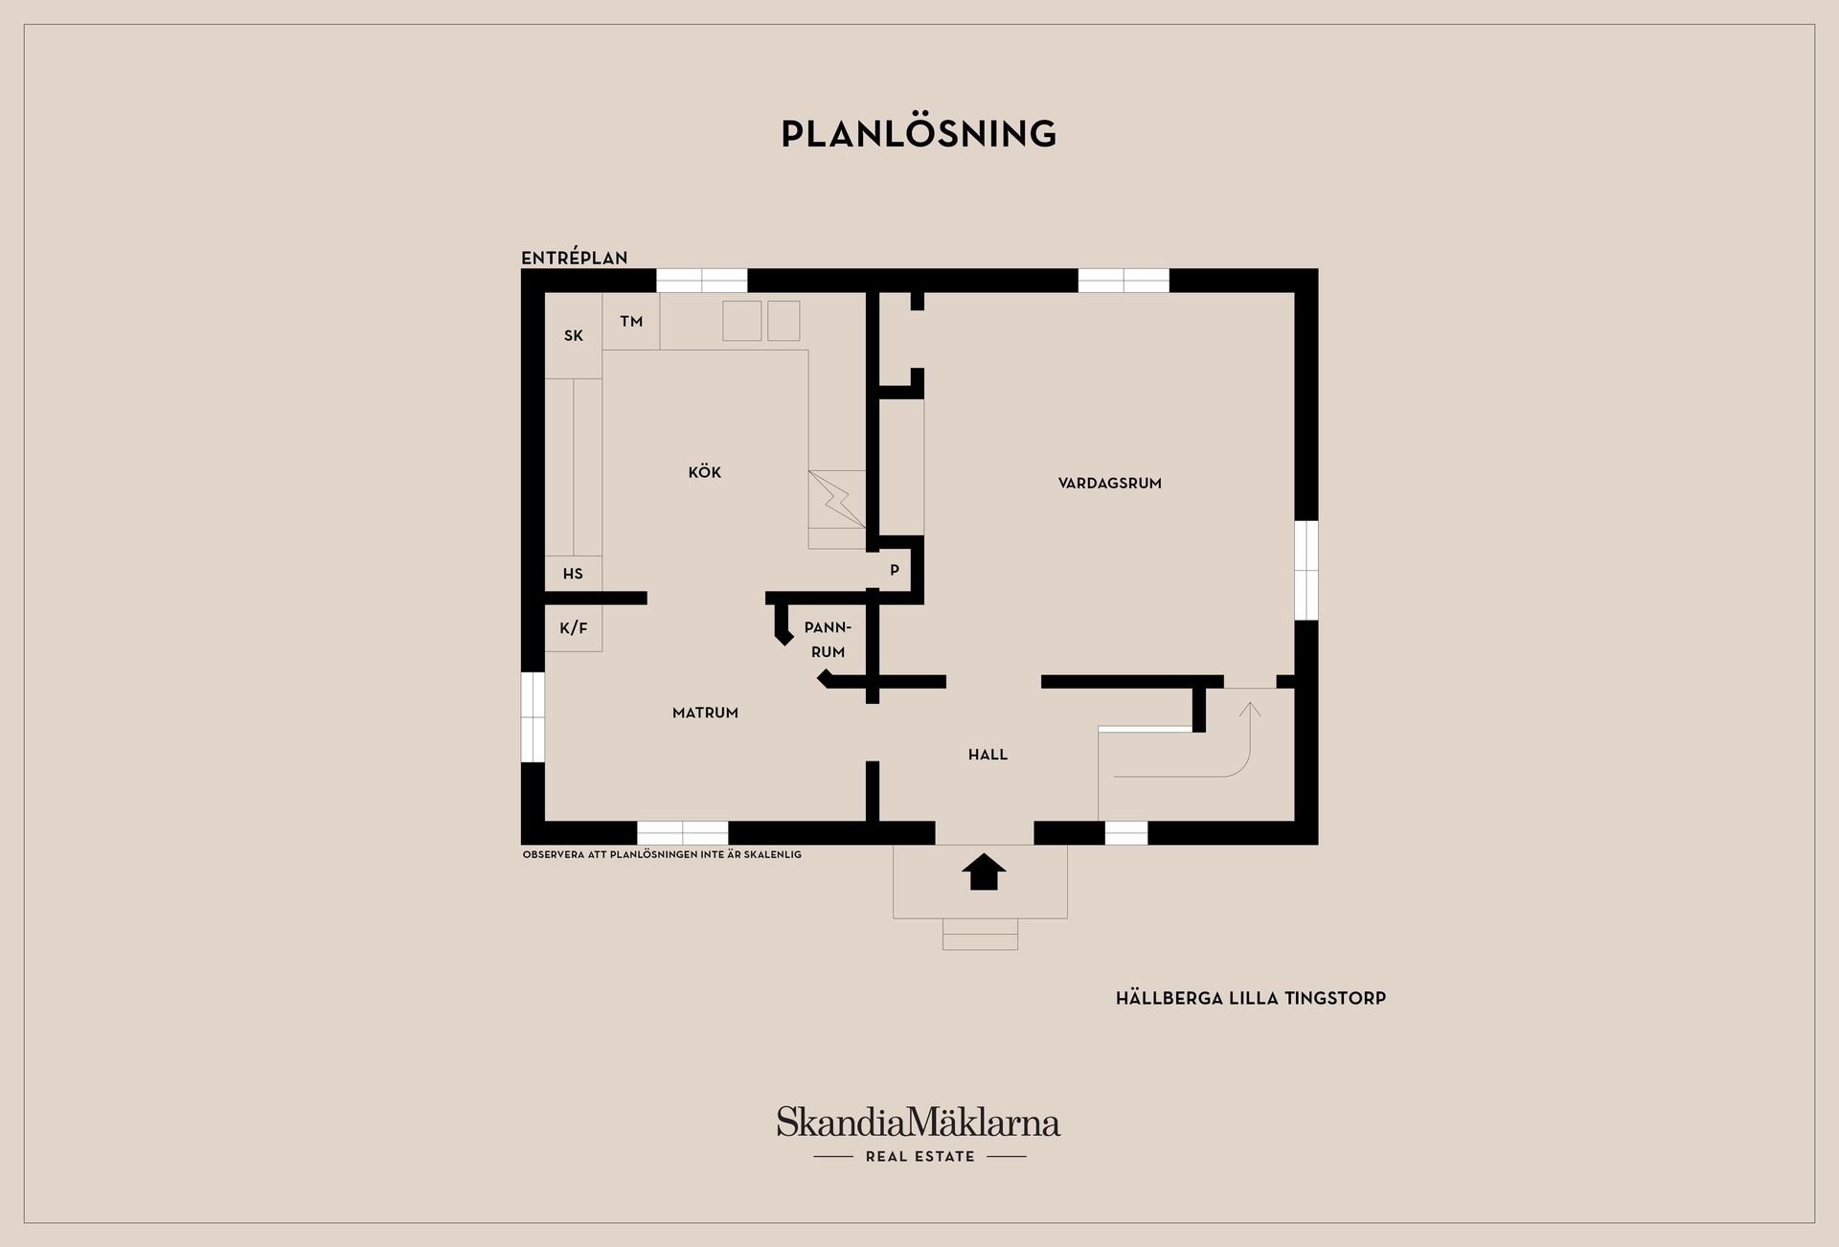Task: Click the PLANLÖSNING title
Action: pos(919,134)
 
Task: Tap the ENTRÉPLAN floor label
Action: pos(574,258)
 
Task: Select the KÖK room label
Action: pos(704,472)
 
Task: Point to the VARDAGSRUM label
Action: pos(1109,484)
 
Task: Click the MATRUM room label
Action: pos(705,713)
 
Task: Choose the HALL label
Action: pos(988,755)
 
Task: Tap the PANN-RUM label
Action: pos(828,640)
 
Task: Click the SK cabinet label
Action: pos(573,335)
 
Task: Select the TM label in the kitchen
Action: pos(630,322)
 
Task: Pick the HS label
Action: pos(573,574)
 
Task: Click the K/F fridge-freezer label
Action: pos(573,628)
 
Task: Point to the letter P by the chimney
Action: pos(895,570)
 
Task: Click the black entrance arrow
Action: pos(984,873)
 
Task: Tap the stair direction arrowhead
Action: pos(1250,710)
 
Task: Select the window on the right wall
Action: pos(1306,571)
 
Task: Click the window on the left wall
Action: pos(533,717)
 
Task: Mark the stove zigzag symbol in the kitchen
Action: pos(837,499)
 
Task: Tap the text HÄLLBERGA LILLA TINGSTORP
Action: pos(1250,998)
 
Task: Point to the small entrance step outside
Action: pos(980,934)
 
